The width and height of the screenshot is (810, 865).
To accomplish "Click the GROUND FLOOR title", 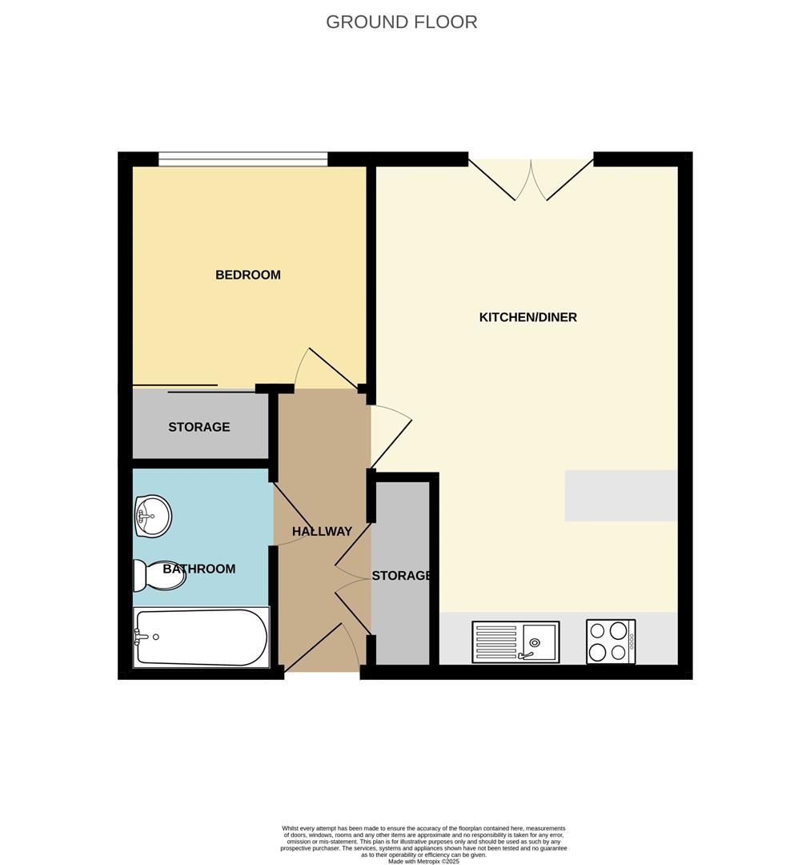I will pyautogui.click(x=401, y=22).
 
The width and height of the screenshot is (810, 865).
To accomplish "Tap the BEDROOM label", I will pyautogui.click(x=248, y=275).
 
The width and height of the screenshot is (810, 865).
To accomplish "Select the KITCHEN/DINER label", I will pyautogui.click(x=527, y=317).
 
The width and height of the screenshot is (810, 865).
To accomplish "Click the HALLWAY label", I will pyautogui.click(x=322, y=531).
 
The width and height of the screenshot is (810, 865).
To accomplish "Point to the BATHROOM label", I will pyautogui.click(x=199, y=569).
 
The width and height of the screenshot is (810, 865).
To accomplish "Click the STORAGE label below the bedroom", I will pyautogui.click(x=198, y=427).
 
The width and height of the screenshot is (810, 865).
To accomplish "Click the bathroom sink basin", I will pyautogui.click(x=153, y=516).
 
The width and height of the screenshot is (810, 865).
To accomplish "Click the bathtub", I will pyautogui.click(x=201, y=638).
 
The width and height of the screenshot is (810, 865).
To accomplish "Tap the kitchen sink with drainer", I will pyautogui.click(x=515, y=642).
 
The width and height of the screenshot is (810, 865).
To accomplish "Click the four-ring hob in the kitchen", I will pyautogui.click(x=611, y=642).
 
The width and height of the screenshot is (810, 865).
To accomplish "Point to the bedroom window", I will pyautogui.click(x=243, y=159).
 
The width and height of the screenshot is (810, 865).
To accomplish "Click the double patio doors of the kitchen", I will pyautogui.click(x=531, y=179).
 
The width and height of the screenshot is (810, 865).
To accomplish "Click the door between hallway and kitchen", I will pyautogui.click(x=390, y=437).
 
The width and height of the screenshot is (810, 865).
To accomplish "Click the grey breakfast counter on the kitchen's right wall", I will pyautogui.click(x=620, y=496).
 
